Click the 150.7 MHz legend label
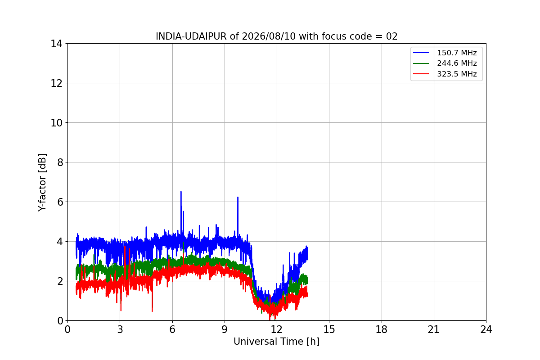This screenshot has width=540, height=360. point(457,53)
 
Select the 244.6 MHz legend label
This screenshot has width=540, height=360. point(457,63)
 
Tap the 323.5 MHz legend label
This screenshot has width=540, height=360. point(457,74)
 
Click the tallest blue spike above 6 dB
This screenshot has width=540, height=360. point(181,193)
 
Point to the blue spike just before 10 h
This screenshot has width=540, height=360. point(238,198)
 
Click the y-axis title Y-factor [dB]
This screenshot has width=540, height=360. point(42,182)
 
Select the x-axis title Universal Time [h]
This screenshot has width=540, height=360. point(276,342)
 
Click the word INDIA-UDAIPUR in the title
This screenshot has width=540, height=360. point(191,36)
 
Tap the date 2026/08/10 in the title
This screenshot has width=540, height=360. point(269,36)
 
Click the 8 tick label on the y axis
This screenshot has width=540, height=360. point(60,162)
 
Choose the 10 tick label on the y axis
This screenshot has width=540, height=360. point(56,123)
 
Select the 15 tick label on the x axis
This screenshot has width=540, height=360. point(329,329)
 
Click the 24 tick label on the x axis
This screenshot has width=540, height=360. point(486,329)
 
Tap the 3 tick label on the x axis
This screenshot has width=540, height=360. point(120,329)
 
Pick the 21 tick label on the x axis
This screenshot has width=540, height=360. point(434,329)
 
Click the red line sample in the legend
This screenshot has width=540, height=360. point(421,74)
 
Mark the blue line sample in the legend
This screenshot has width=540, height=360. point(421,53)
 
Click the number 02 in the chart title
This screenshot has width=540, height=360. point(392,36)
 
